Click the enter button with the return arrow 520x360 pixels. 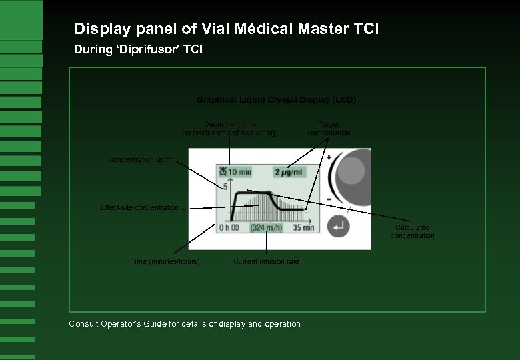point(339,227)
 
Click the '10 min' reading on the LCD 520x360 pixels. point(239,172)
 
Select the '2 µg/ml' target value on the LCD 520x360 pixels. point(289,172)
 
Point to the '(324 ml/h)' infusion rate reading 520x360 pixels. point(266,227)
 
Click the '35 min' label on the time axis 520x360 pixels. point(303,227)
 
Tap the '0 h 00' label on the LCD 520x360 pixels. point(229,227)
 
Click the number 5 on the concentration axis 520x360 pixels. point(225,187)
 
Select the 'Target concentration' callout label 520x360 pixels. point(329,129)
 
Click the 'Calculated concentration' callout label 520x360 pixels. point(412,231)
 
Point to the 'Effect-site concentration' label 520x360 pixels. point(139,208)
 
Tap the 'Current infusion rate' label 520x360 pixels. point(266,262)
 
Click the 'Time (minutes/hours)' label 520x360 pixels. point(165,262)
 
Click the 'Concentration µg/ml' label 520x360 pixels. point(141,160)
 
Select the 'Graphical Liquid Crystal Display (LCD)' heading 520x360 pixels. point(276,100)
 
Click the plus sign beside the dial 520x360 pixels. point(329,158)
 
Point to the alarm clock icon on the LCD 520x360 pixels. point(222,172)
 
